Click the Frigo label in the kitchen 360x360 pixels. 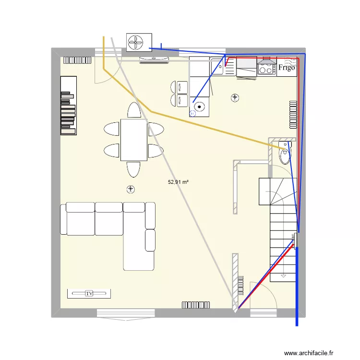(x=286, y=68)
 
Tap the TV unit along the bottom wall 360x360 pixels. (x=89, y=293)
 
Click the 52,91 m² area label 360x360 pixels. (x=178, y=182)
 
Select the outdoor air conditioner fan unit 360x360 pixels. (x=139, y=42)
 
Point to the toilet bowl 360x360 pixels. (x=285, y=156)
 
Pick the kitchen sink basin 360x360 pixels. (x=216, y=67)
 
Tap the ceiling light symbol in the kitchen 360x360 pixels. (x=235, y=98)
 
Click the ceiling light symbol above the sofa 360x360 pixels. (x=130, y=189)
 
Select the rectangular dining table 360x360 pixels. (x=133, y=140)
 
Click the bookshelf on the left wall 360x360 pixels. (x=68, y=106)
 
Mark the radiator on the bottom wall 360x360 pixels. (x=196, y=304)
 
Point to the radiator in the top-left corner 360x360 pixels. (x=77, y=60)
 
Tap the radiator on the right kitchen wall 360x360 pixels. (x=293, y=115)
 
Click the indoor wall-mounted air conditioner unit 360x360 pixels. (x=154, y=60)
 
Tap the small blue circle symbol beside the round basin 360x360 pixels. (x=193, y=114)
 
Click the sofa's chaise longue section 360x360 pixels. (x=139, y=250)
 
